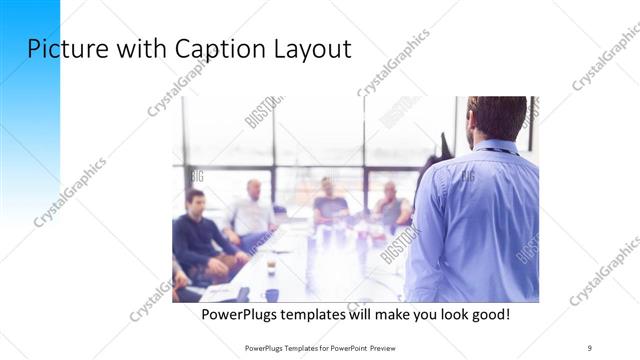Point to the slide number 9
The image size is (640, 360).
pos(590,347)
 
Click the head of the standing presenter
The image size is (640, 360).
pos(496,117)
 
